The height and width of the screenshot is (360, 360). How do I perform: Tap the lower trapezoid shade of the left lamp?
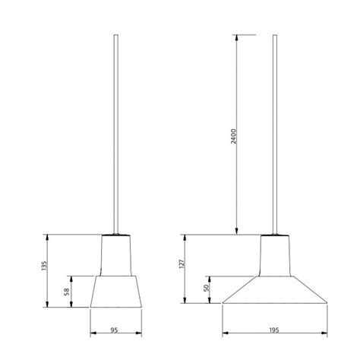coord(116,292)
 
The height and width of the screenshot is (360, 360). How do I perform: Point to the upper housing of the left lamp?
coord(116,254)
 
